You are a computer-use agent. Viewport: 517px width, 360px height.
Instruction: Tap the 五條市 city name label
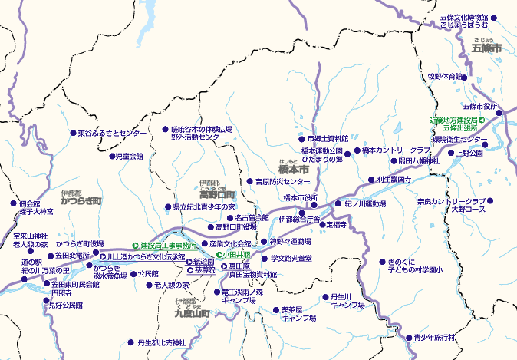(486, 49)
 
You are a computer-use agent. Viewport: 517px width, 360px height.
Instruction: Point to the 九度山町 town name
(192, 313)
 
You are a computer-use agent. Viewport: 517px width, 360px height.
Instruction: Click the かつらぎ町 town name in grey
(81, 201)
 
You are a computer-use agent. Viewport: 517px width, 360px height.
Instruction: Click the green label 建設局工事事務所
(168, 245)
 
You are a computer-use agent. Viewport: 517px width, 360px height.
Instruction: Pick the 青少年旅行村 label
(435, 337)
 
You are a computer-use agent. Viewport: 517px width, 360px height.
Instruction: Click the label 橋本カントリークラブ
(397, 150)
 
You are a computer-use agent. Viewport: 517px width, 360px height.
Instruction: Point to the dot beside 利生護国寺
(372, 180)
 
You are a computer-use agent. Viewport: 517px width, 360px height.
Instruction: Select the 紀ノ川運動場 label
(365, 204)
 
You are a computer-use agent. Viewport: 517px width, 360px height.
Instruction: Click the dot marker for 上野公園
(451, 154)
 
